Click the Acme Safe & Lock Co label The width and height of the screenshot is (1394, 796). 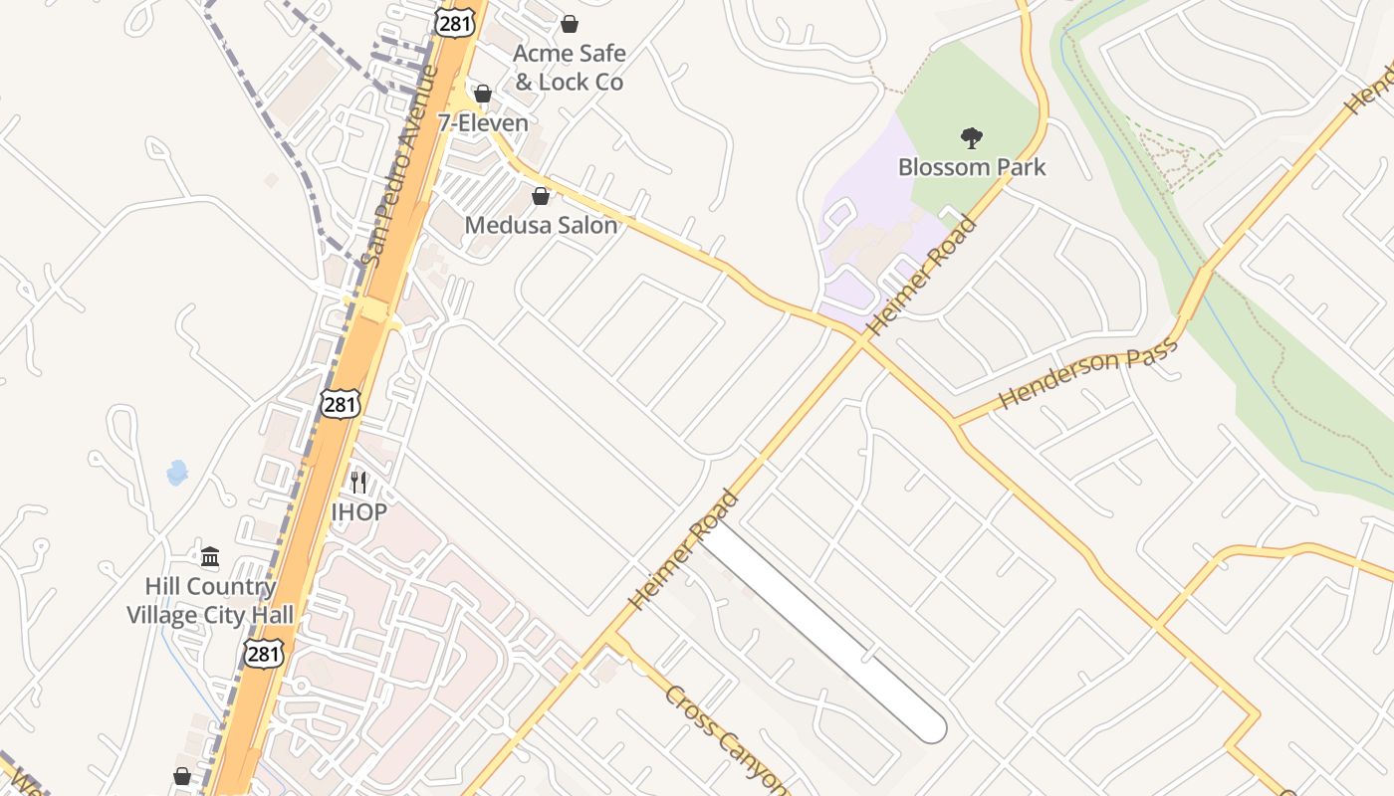(569, 68)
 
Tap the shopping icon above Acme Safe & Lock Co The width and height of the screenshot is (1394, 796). (570, 24)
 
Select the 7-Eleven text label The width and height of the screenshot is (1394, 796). (483, 123)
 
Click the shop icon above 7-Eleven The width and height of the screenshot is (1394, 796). (483, 94)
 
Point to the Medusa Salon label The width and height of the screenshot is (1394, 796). (541, 226)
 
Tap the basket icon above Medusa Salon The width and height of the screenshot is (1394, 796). (541, 196)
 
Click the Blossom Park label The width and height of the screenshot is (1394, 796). (972, 166)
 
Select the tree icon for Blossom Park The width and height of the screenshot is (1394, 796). (972, 137)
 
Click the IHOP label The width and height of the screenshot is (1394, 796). (358, 512)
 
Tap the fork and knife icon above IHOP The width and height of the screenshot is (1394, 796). (358, 483)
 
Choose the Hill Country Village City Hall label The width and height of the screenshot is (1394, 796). (210, 601)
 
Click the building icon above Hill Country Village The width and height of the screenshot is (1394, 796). (210, 556)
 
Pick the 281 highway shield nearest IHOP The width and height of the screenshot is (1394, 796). (340, 403)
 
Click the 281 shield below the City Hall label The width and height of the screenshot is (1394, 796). (264, 653)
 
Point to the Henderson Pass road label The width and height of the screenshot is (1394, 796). (1087, 373)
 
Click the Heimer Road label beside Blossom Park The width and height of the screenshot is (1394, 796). (922, 276)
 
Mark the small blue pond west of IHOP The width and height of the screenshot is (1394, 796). (177, 472)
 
